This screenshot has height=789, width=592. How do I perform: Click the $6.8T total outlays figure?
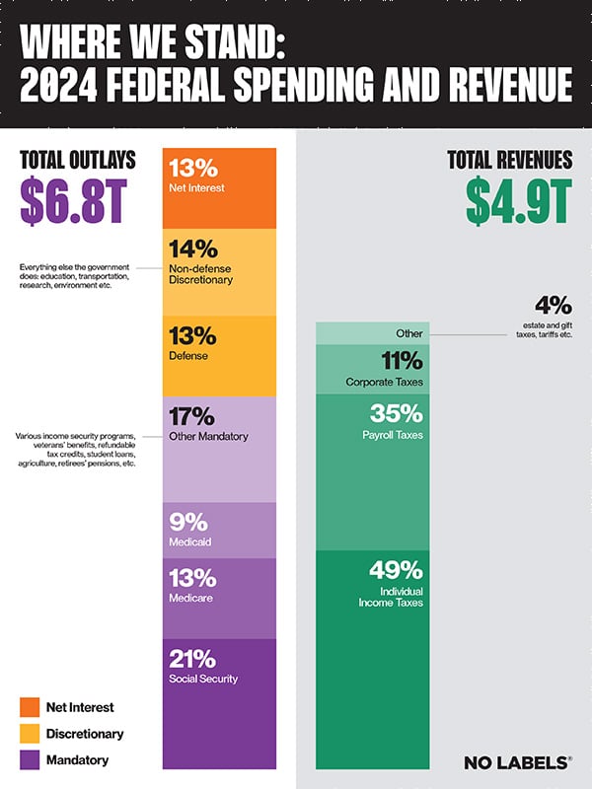click(73, 201)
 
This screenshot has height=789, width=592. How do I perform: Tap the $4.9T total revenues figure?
click(518, 201)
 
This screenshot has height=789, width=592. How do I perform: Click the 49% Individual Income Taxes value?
click(396, 570)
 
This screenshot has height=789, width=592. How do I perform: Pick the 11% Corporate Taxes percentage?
click(398, 361)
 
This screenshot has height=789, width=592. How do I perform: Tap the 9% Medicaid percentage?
click(187, 521)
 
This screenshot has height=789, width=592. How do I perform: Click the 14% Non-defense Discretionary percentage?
click(193, 248)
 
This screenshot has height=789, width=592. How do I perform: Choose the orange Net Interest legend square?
click(30, 707)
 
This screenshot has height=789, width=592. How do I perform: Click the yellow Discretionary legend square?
click(30, 734)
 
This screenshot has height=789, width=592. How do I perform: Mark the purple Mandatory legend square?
click(30, 760)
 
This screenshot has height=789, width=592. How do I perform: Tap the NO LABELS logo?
click(517, 761)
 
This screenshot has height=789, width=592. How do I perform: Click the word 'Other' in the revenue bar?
click(407, 333)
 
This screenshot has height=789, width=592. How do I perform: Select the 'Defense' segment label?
click(189, 356)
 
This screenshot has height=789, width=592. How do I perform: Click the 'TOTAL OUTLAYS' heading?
click(77, 160)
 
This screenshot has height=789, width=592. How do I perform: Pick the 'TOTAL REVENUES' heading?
click(509, 160)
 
